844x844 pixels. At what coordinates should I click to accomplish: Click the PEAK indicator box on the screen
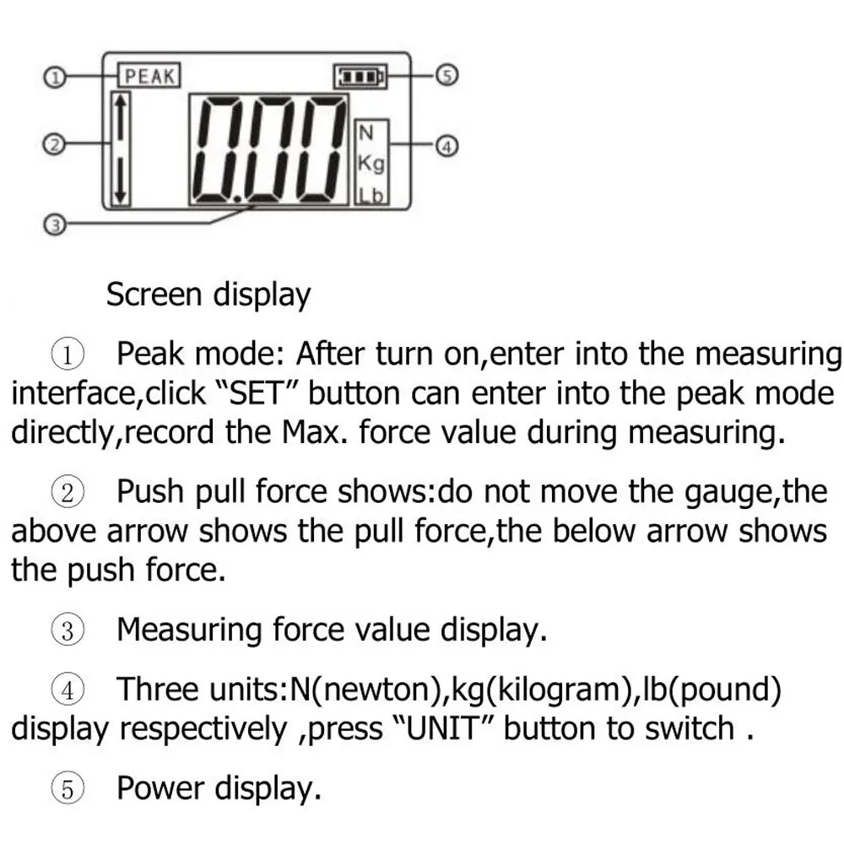click(149, 75)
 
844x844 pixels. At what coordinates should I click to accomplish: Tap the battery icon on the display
click(360, 77)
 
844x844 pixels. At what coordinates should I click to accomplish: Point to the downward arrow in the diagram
click(121, 181)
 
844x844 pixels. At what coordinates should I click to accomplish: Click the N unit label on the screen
click(365, 133)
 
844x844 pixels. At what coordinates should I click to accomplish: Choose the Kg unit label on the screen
click(371, 164)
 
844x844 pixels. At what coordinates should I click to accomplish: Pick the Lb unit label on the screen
click(371, 196)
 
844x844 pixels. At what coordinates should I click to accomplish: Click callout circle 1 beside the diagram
click(54, 77)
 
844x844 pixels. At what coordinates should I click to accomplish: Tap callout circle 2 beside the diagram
click(54, 145)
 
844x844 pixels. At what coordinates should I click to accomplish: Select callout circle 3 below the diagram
click(54, 225)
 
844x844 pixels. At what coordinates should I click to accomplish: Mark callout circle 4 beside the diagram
click(446, 146)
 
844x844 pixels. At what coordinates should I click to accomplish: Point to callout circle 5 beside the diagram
click(446, 75)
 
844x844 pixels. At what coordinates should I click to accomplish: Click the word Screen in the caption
click(154, 295)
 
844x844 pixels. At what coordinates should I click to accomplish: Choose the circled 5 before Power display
click(68, 789)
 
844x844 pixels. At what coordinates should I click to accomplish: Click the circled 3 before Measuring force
click(68, 630)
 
